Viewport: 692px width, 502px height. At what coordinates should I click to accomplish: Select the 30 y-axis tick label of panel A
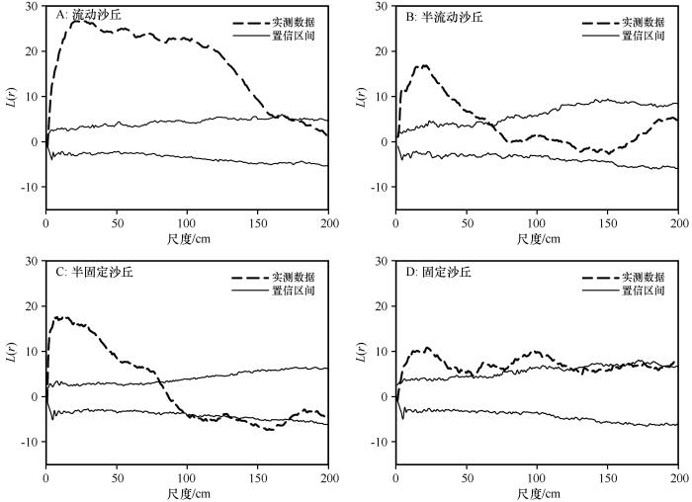34,6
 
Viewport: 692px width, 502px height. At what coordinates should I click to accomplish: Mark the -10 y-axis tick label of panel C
30,442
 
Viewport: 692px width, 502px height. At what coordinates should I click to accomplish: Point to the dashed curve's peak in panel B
424,65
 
